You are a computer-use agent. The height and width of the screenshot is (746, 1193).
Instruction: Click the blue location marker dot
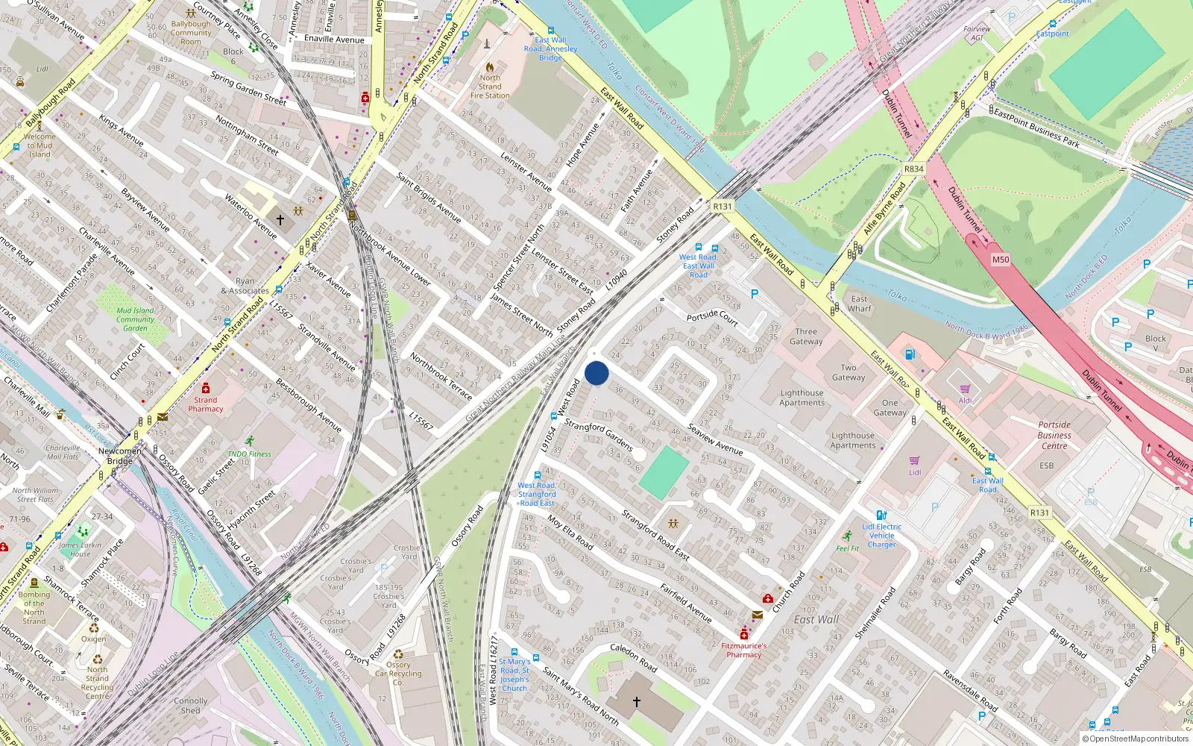click(x=596, y=373)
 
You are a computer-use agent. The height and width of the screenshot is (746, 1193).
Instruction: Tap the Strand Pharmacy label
click(x=206, y=404)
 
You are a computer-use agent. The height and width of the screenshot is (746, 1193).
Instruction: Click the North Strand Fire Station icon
click(x=490, y=66)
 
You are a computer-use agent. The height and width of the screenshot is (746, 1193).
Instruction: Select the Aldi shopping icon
click(x=965, y=389)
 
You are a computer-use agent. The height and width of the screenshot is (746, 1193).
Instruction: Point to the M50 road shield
click(x=1000, y=260)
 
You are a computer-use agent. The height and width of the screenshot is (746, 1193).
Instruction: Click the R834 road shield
click(x=913, y=169)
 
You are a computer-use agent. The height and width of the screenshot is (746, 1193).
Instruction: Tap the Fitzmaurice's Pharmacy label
click(x=743, y=650)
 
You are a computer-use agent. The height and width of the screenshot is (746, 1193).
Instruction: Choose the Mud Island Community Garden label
click(x=135, y=319)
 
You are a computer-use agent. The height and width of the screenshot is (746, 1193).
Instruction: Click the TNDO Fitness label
click(x=249, y=454)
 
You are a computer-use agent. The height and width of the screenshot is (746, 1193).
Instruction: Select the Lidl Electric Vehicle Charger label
click(x=881, y=536)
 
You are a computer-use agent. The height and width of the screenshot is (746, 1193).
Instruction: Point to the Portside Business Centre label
click(x=1054, y=435)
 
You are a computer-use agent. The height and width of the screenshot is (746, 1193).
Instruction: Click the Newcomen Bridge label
click(x=119, y=456)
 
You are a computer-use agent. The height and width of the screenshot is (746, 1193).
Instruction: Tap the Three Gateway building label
click(x=806, y=336)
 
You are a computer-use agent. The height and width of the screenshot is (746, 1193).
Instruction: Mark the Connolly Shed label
click(x=190, y=706)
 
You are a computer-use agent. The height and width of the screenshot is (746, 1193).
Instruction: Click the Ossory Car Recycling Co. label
click(x=398, y=673)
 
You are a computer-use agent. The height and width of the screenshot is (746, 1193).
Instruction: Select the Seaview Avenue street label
click(x=715, y=439)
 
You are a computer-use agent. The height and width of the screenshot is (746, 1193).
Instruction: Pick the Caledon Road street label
click(x=634, y=657)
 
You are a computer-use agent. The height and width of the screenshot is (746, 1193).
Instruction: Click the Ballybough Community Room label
click(x=191, y=33)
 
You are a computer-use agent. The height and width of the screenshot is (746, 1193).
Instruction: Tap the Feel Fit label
click(x=847, y=548)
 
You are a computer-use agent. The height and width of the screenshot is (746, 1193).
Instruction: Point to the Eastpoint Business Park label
click(x=1036, y=128)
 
